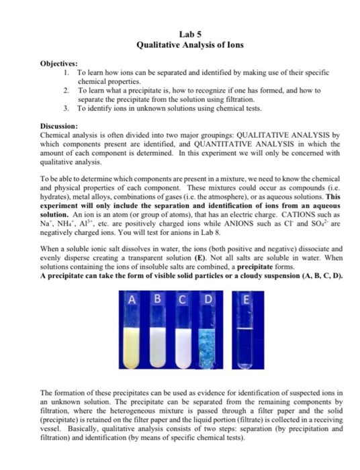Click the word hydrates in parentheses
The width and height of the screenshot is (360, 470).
56,195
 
